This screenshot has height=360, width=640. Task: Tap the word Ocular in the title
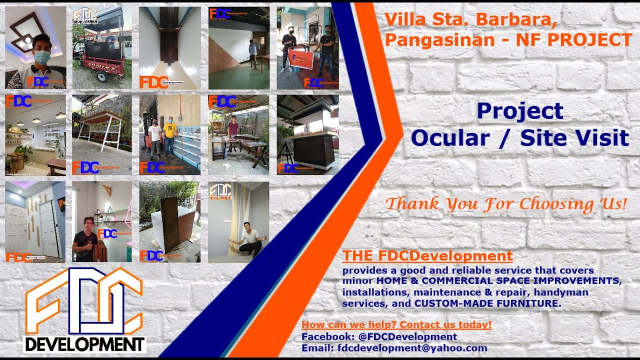pyautogui.click(x=450, y=138)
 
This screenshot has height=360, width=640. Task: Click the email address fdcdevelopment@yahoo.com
pyautogui.click(x=412, y=348)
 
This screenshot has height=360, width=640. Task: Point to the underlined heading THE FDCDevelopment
pyautogui.click(x=427, y=256)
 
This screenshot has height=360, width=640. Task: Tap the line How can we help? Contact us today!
pyautogui.click(x=396, y=325)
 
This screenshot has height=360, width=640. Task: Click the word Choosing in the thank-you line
pyautogui.click(x=550, y=204)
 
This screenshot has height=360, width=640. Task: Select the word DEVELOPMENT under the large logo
pyautogui.click(x=85, y=344)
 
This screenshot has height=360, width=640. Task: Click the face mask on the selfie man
pyautogui.click(x=42, y=57)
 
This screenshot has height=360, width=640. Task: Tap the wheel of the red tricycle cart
pyautogui.click(x=101, y=76)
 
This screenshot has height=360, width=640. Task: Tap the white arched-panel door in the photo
pyautogui.click(x=16, y=230)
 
